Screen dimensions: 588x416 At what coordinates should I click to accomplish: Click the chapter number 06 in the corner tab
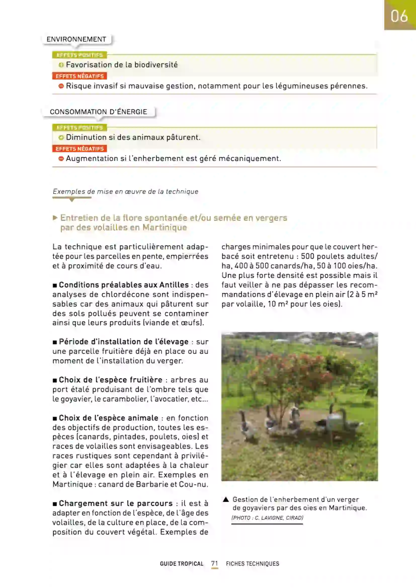click(x=399, y=16)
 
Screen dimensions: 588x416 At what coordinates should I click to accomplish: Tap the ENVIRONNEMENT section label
click(x=76, y=39)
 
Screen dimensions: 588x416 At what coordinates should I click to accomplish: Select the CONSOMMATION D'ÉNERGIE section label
click(x=98, y=112)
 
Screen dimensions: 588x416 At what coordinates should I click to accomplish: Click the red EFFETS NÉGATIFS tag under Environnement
click(x=80, y=76)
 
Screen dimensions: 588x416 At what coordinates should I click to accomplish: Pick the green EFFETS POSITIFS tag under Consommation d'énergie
click(x=80, y=127)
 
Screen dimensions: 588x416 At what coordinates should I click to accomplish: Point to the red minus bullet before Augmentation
click(x=61, y=159)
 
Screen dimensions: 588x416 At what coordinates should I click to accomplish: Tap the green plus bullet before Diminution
click(x=61, y=138)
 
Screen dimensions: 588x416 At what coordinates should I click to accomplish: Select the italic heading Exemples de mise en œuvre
click(x=126, y=192)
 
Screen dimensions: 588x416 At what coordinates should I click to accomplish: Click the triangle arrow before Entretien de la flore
click(x=55, y=218)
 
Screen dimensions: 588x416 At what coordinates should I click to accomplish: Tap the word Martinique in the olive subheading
click(x=165, y=228)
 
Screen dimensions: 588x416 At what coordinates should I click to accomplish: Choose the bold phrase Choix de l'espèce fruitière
click(x=111, y=380)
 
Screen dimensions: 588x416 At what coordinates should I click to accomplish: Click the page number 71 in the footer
click(x=215, y=563)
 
